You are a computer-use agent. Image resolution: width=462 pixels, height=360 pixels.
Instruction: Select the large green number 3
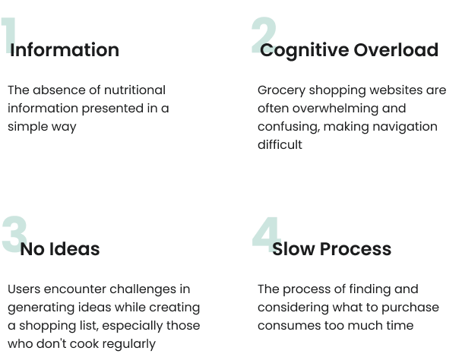[x=13, y=235]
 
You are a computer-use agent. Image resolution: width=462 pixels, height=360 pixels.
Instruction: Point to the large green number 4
[x=265, y=235]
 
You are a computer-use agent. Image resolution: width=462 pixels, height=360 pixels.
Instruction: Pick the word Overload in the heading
[x=397, y=50]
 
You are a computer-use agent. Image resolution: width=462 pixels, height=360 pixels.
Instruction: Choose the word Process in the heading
[x=355, y=249]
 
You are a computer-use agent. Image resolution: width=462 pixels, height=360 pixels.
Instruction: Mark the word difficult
[x=280, y=144]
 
